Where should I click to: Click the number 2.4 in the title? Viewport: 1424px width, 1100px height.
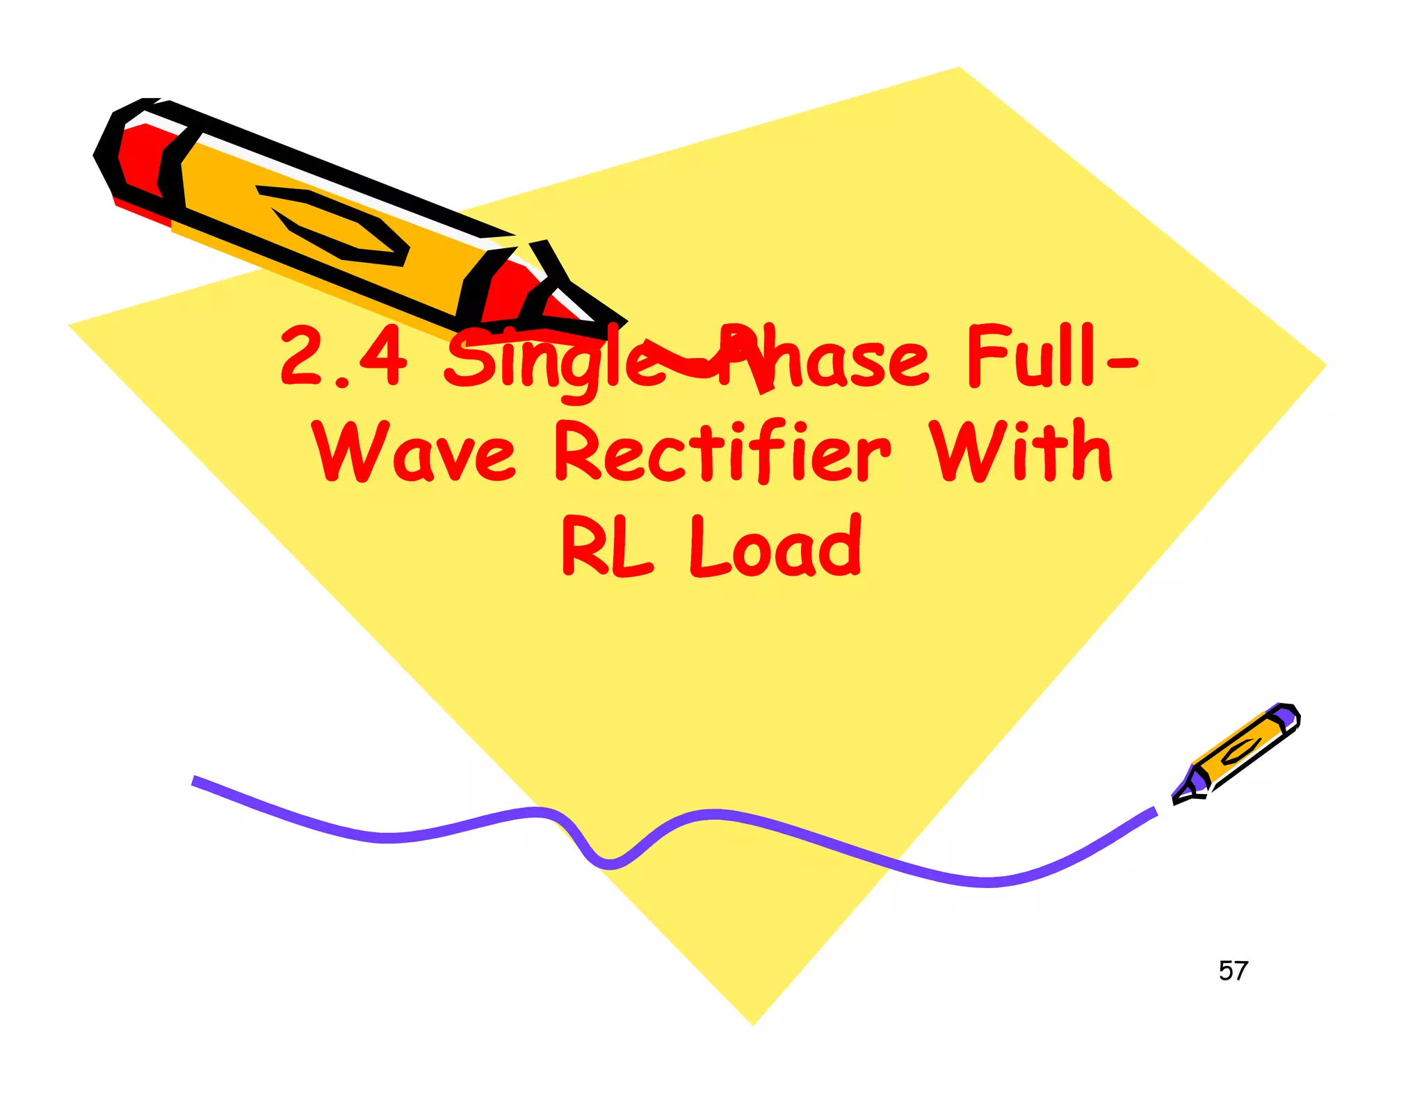point(343,356)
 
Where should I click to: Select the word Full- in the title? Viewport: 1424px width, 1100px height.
point(1050,356)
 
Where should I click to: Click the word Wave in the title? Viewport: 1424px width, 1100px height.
point(414,452)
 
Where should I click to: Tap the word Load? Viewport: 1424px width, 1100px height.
point(776,547)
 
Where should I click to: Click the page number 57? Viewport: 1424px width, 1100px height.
point(1233,971)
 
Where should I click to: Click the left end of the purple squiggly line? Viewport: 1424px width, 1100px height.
point(195,780)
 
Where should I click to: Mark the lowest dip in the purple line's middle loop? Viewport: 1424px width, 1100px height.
point(608,864)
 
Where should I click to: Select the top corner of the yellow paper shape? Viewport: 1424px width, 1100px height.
point(960,68)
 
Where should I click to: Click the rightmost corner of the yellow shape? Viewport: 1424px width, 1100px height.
point(1325,365)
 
